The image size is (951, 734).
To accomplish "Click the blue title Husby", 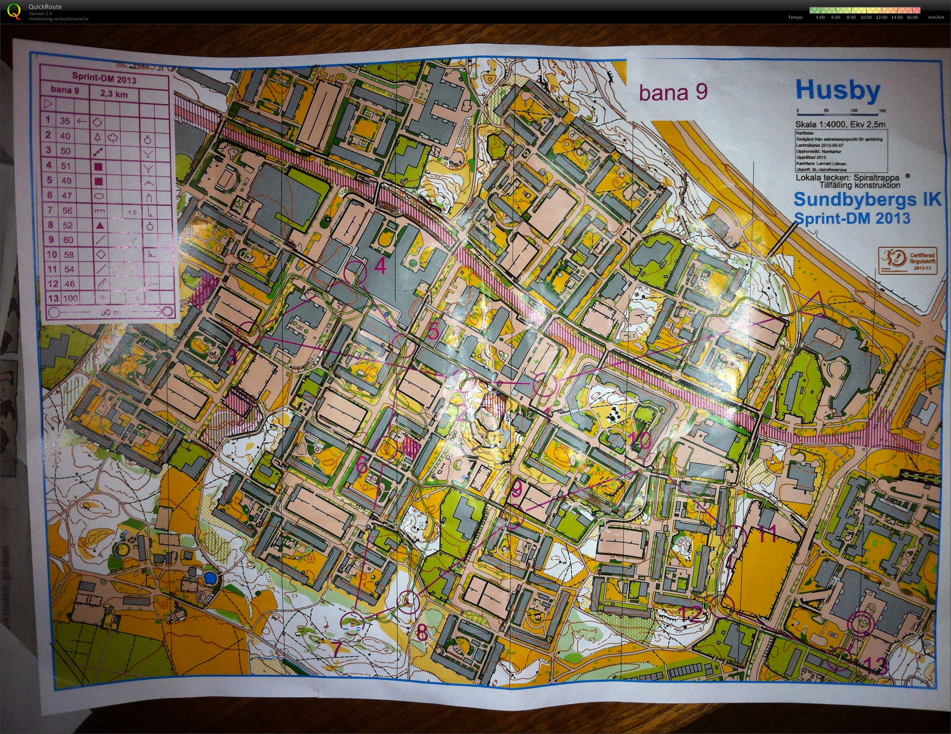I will [x=838, y=91].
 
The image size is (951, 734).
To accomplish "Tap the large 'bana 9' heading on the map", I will [x=673, y=92].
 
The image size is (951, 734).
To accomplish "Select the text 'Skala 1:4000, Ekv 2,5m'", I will [x=840, y=125].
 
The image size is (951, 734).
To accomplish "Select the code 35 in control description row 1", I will [x=65, y=121].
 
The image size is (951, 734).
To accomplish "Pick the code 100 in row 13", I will [x=70, y=299].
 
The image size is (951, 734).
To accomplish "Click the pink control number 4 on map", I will [x=380, y=266].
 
